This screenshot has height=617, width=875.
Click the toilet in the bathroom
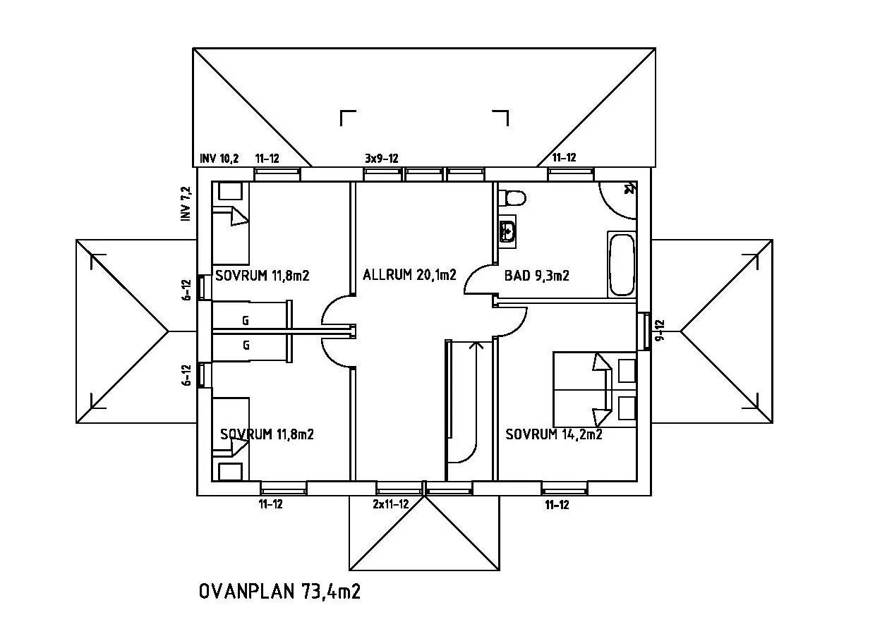(513, 197)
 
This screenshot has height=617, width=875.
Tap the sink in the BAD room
(507, 231)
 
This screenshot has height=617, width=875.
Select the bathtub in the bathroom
(621, 265)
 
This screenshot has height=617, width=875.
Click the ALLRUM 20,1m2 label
(409, 275)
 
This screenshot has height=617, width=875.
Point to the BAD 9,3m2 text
(536, 276)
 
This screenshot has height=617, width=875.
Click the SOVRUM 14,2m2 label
(554, 434)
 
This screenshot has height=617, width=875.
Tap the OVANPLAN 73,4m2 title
(280, 591)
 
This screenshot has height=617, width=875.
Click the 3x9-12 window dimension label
(381, 159)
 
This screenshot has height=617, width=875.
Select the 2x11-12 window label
(391, 504)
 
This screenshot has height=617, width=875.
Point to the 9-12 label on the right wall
(660, 330)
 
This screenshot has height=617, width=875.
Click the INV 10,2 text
(219, 159)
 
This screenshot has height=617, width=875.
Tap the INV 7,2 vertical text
(186, 204)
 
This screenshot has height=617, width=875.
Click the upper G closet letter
(246, 321)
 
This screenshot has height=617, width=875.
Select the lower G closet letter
(246, 346)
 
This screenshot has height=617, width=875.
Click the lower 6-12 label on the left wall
(186, 375)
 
